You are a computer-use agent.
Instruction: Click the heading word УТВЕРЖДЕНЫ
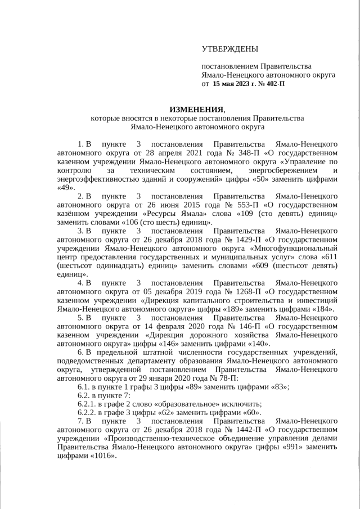(x=230, y=49)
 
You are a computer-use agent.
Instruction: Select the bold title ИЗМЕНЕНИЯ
(x=196, y=109)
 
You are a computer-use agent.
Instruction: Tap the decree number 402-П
(x=272, y=84)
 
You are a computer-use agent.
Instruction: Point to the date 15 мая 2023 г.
(x=232, y=84)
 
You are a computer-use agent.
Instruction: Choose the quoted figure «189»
(x=250, y=309)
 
